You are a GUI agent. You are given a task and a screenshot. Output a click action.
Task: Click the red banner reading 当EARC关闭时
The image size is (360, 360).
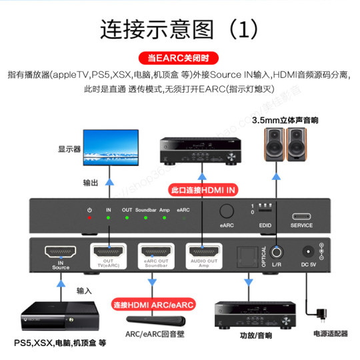pos(180,57)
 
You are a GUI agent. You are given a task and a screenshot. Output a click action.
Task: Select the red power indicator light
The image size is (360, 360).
pos(89,218)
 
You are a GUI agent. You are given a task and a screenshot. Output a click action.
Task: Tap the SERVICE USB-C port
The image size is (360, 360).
pos(301,217)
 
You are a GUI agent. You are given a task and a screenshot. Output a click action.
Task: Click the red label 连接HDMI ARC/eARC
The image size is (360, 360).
pos(153,304)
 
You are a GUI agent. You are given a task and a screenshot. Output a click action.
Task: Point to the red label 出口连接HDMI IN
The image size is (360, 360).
pos(203,189)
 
